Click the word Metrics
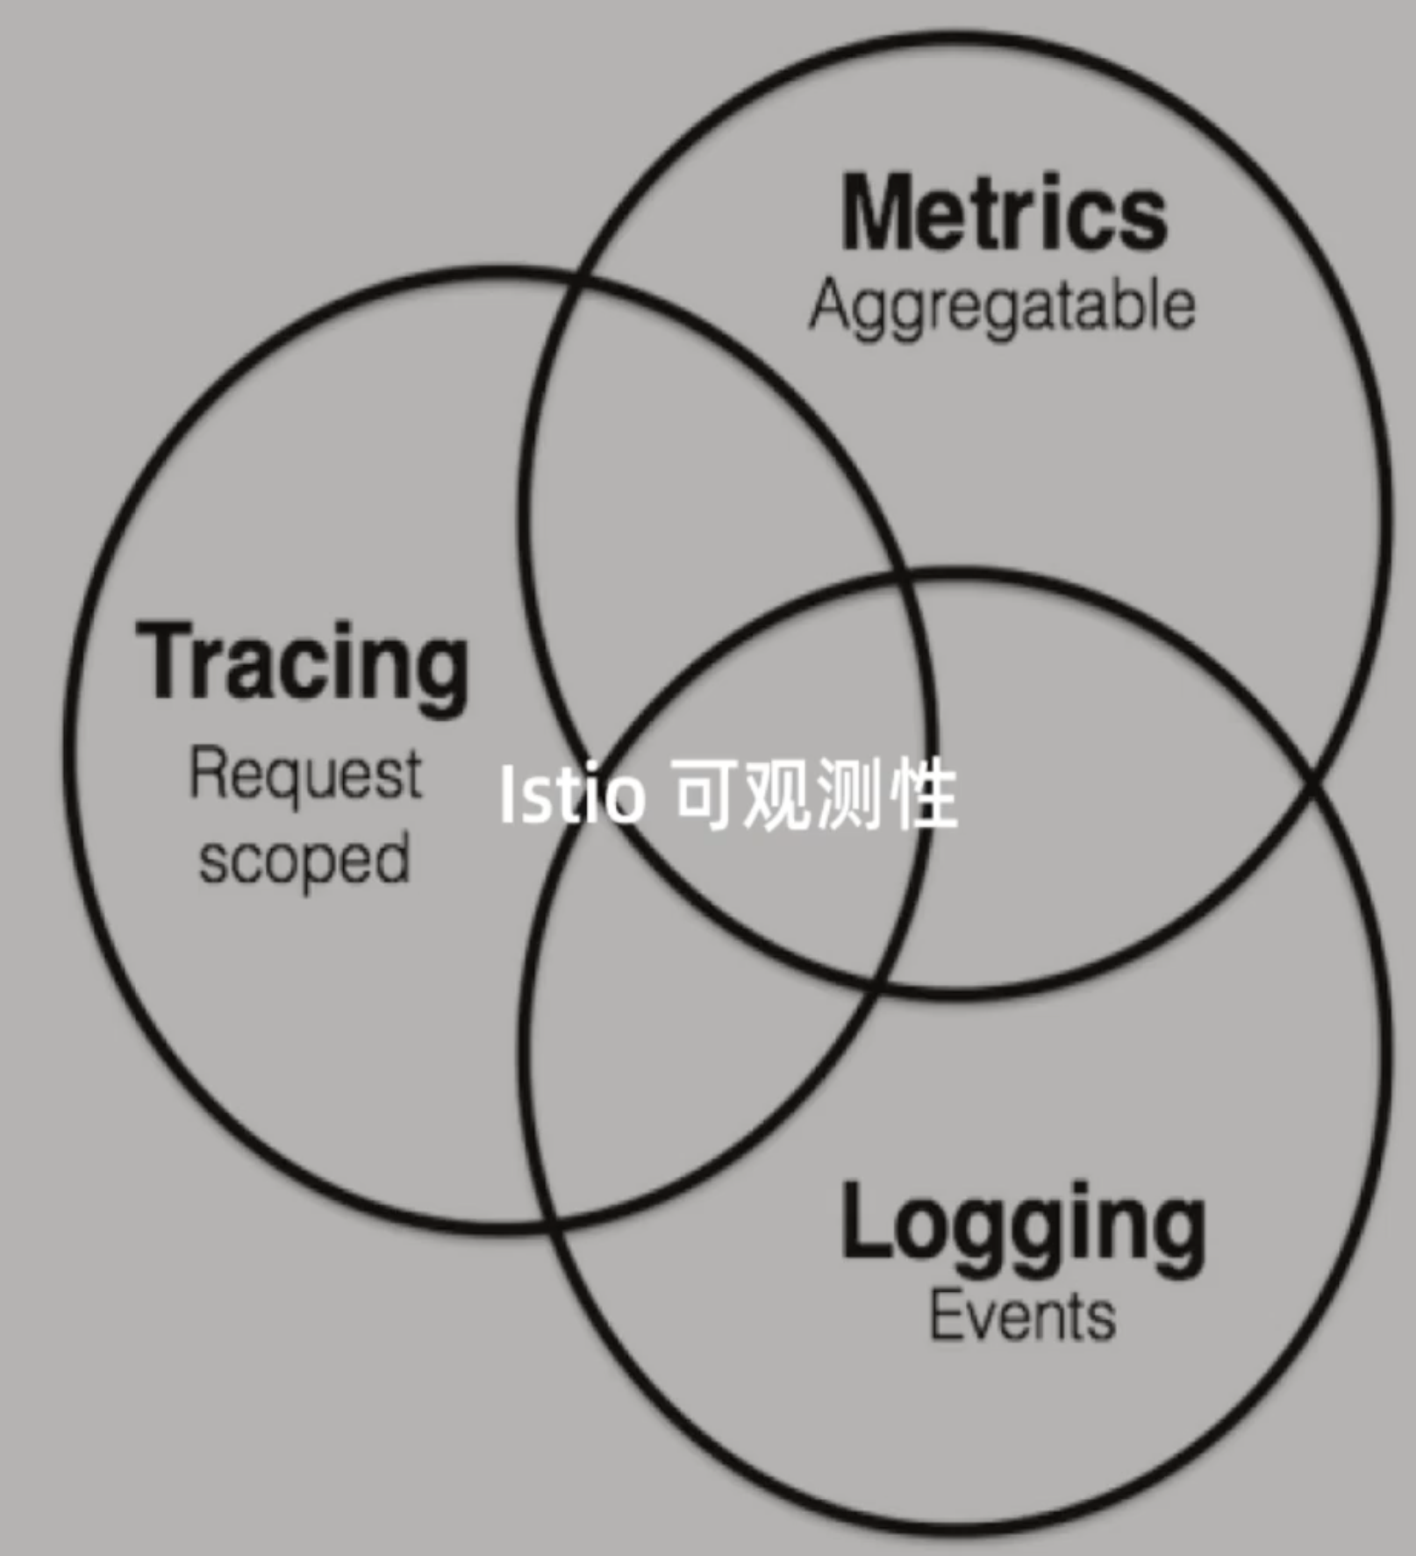[1004, 213]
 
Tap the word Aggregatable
[1002, 307]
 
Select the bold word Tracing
[303, 664]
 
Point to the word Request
[305, 776]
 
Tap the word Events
[1022, 1317]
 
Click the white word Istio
[570, 795]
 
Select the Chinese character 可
[705, 795]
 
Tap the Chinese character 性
[922, 795]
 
